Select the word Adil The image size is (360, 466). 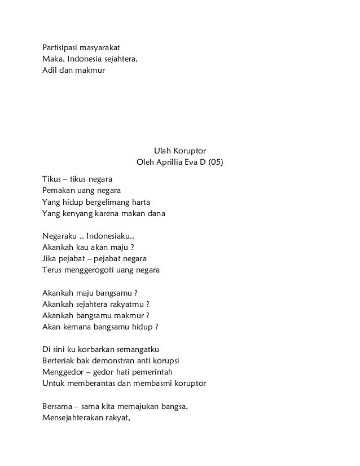click(50, 71)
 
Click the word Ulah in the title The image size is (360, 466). click(162, 151)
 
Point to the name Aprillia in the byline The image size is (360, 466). click(174, 163)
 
